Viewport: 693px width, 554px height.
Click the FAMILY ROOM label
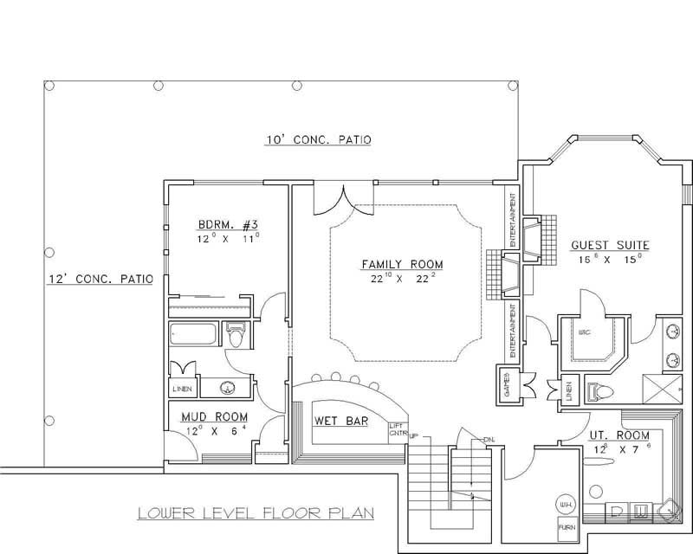click(x=402, y=263)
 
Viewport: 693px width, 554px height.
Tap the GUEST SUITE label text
click(x=610, y=245)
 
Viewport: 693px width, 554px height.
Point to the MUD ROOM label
click(x=214, y=415)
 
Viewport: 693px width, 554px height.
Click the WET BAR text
click(x=340, y=421)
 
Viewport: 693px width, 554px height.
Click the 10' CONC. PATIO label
click(x=317, y=139)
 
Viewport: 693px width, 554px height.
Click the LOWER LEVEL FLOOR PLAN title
click(x=256, y=512)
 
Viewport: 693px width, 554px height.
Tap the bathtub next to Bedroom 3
click(x=194, y=332)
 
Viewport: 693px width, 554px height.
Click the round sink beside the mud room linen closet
click(x=230, y=388)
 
